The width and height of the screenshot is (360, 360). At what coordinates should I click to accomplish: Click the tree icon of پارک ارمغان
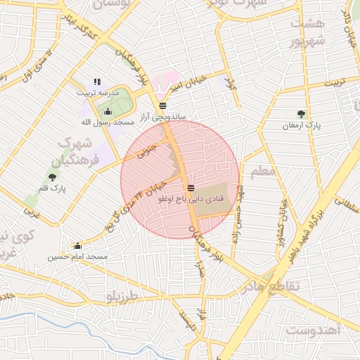(x=302, y=113)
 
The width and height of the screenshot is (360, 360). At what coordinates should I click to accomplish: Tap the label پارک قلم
(x=52, y=188)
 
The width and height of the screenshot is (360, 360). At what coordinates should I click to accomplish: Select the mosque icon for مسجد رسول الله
(x=108, y=111)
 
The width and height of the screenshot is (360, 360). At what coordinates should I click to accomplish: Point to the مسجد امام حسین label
(x=77, y=257)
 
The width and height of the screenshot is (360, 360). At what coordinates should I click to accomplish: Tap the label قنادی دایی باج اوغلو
(x=191, y=199)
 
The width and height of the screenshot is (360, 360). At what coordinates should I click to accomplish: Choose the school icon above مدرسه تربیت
(x=97, y=82)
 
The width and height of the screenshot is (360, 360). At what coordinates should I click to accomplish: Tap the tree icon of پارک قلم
(x=52, y=176)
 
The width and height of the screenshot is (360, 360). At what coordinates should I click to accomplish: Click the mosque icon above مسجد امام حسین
(x=77, y=245)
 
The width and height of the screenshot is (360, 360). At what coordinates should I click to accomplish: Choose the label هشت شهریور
(x=310, y=32)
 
